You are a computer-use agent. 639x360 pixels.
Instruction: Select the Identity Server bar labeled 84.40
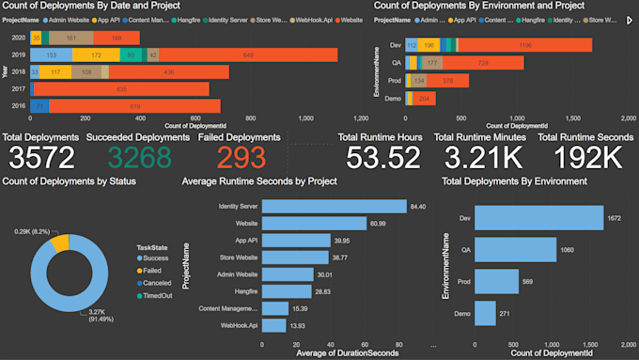tap(334, 206)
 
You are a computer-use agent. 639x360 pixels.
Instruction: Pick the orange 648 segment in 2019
tap(249, 55)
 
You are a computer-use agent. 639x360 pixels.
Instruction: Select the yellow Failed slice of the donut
tap(59, 242)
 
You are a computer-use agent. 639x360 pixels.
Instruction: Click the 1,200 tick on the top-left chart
tap(361, 118)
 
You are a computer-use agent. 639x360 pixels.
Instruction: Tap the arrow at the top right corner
tap(630, 18)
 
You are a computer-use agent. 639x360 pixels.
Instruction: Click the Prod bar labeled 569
tap(496, 282)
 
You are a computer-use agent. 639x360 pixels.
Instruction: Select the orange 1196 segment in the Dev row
tap(526, 45)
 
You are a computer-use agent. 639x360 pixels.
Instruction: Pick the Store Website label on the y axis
tap(236, 257)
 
